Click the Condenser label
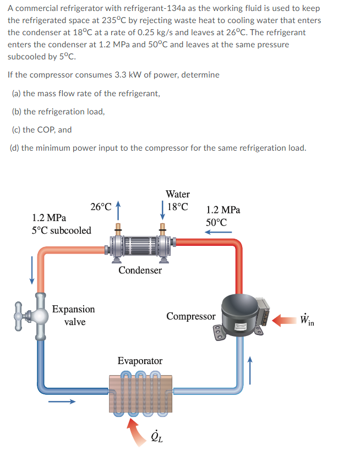(x=140, y=270)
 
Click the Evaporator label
(x=140, y=361)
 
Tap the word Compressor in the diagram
(x=190, y=316)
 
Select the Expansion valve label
(x=73, y=315)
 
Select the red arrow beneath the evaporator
(x=134, y=426)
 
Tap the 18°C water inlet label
(x=178, y=207)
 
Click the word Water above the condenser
(x=177, y=194)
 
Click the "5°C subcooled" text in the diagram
(x=62, y=230)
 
